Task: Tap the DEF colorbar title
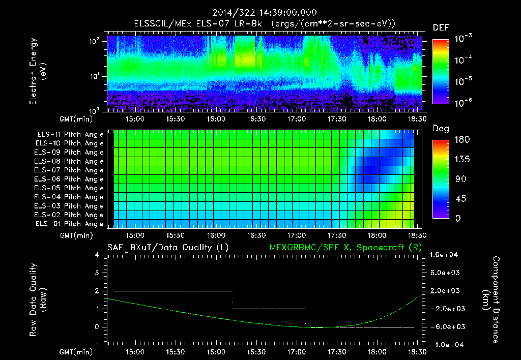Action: coord(441,27)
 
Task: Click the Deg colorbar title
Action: coord(441,129)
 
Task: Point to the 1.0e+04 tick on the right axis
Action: coord(446,255)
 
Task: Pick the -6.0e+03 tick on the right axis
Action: coord(446,326)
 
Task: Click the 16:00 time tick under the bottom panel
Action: coord(216,352)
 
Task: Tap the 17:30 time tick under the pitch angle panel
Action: coord(337,236)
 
